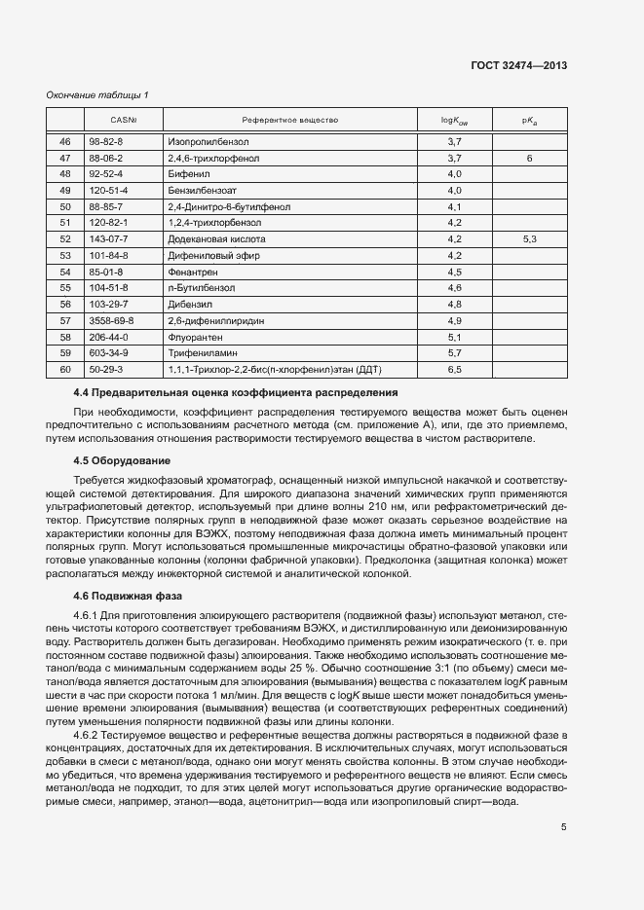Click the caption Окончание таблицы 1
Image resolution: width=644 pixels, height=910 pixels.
point(98,94)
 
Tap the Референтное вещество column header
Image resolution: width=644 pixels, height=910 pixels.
point(290,121)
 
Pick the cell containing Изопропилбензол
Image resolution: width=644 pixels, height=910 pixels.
point(201,142)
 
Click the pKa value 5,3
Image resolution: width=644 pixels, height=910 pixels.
point(529,238)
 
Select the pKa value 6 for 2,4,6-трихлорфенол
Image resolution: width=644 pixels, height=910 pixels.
point(529,158)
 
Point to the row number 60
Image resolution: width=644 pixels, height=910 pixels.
point(65,368)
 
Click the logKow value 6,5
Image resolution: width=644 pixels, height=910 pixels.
point(453,368)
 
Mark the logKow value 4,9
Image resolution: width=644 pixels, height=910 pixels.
point(453,319)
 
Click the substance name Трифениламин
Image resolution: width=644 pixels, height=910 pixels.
point(199,351)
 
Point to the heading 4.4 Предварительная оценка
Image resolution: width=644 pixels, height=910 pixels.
point(230,392)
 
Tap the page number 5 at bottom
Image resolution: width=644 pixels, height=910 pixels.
point(564,828)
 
